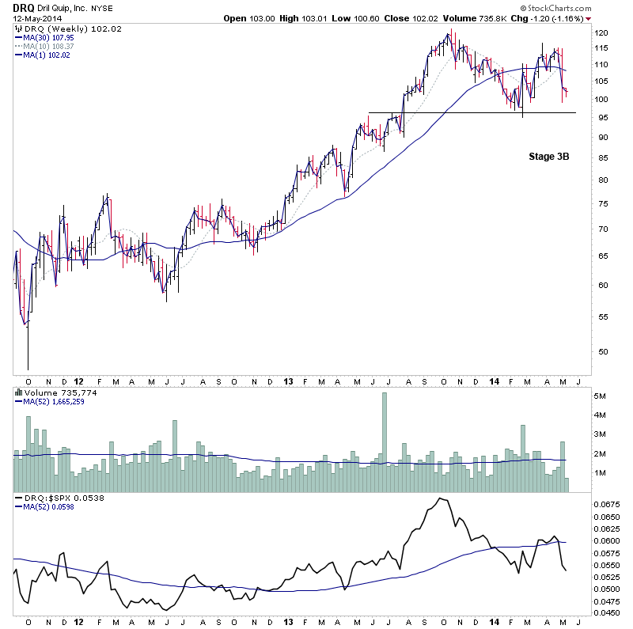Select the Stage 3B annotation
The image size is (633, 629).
coord(549,157)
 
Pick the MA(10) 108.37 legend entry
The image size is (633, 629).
coord(48,46)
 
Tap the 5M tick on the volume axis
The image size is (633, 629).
coord(601,395)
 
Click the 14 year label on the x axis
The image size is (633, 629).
coord(495,381)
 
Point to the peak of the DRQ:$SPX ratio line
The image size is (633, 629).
coord(440,498)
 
